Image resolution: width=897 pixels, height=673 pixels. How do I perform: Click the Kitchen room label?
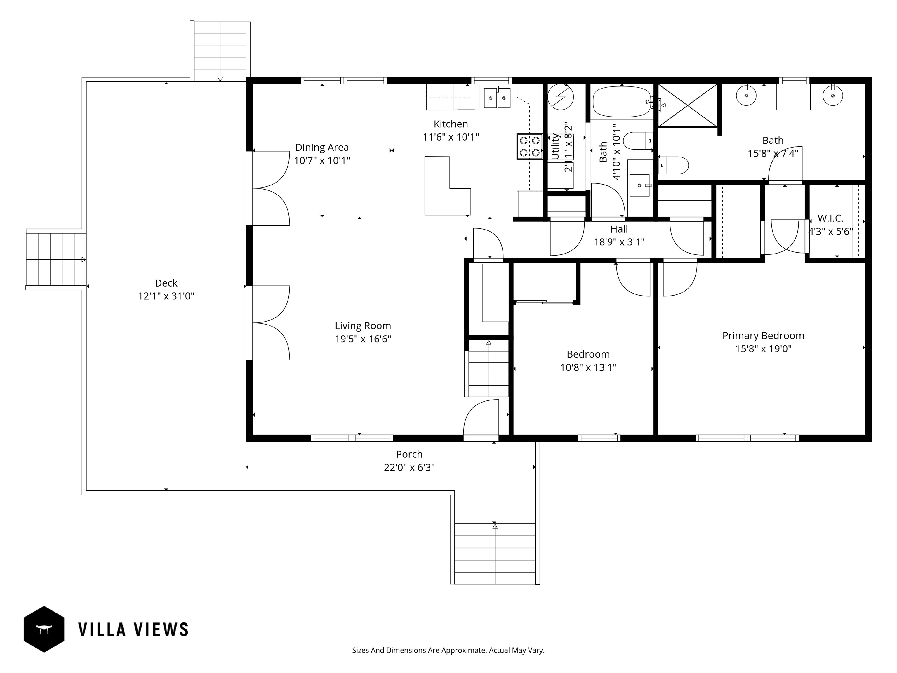coord(451,124)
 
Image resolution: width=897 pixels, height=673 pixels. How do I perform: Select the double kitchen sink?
coord(498,98)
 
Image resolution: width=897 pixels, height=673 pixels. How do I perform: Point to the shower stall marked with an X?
coord(688,105)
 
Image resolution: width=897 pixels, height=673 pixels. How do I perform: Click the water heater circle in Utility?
coord(560,97)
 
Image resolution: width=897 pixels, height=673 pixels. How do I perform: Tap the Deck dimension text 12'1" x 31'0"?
coord(166,296)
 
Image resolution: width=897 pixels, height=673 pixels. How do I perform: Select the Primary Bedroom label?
coord(763,336)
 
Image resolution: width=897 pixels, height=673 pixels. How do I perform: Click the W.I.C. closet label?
coord(830,218)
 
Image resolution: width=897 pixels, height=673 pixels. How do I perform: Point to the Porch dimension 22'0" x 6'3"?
coord(409,467)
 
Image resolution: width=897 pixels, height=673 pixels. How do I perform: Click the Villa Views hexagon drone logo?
coord(44,629)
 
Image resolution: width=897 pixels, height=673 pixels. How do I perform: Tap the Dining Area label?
coord(321,147)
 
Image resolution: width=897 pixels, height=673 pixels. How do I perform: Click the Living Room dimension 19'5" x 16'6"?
coord(363,339)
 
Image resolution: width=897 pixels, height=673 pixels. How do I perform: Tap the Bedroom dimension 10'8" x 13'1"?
coord(588,367)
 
